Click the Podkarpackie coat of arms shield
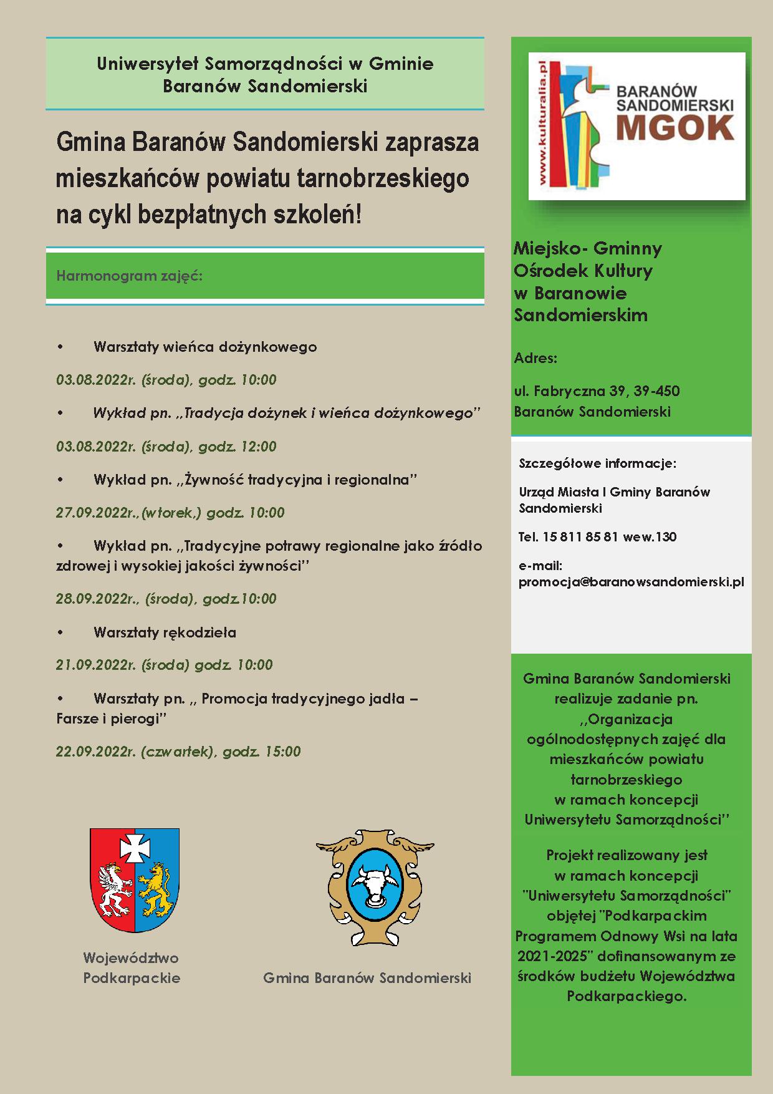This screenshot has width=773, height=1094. tap(135, 880)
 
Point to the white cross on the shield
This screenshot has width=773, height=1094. tap(135, 846)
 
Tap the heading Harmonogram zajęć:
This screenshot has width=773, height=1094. tap(129, 275)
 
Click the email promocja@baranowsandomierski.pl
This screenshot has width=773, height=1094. tap(631, 582)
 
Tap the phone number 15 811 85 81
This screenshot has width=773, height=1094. tap(580, 536)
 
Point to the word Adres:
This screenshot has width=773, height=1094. tap(535, 358)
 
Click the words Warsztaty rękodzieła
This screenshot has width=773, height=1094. tap(165, 632)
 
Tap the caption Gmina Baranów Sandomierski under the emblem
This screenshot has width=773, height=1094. tap(367, 977)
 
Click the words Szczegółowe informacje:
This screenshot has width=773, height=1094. tap(597, 463)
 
